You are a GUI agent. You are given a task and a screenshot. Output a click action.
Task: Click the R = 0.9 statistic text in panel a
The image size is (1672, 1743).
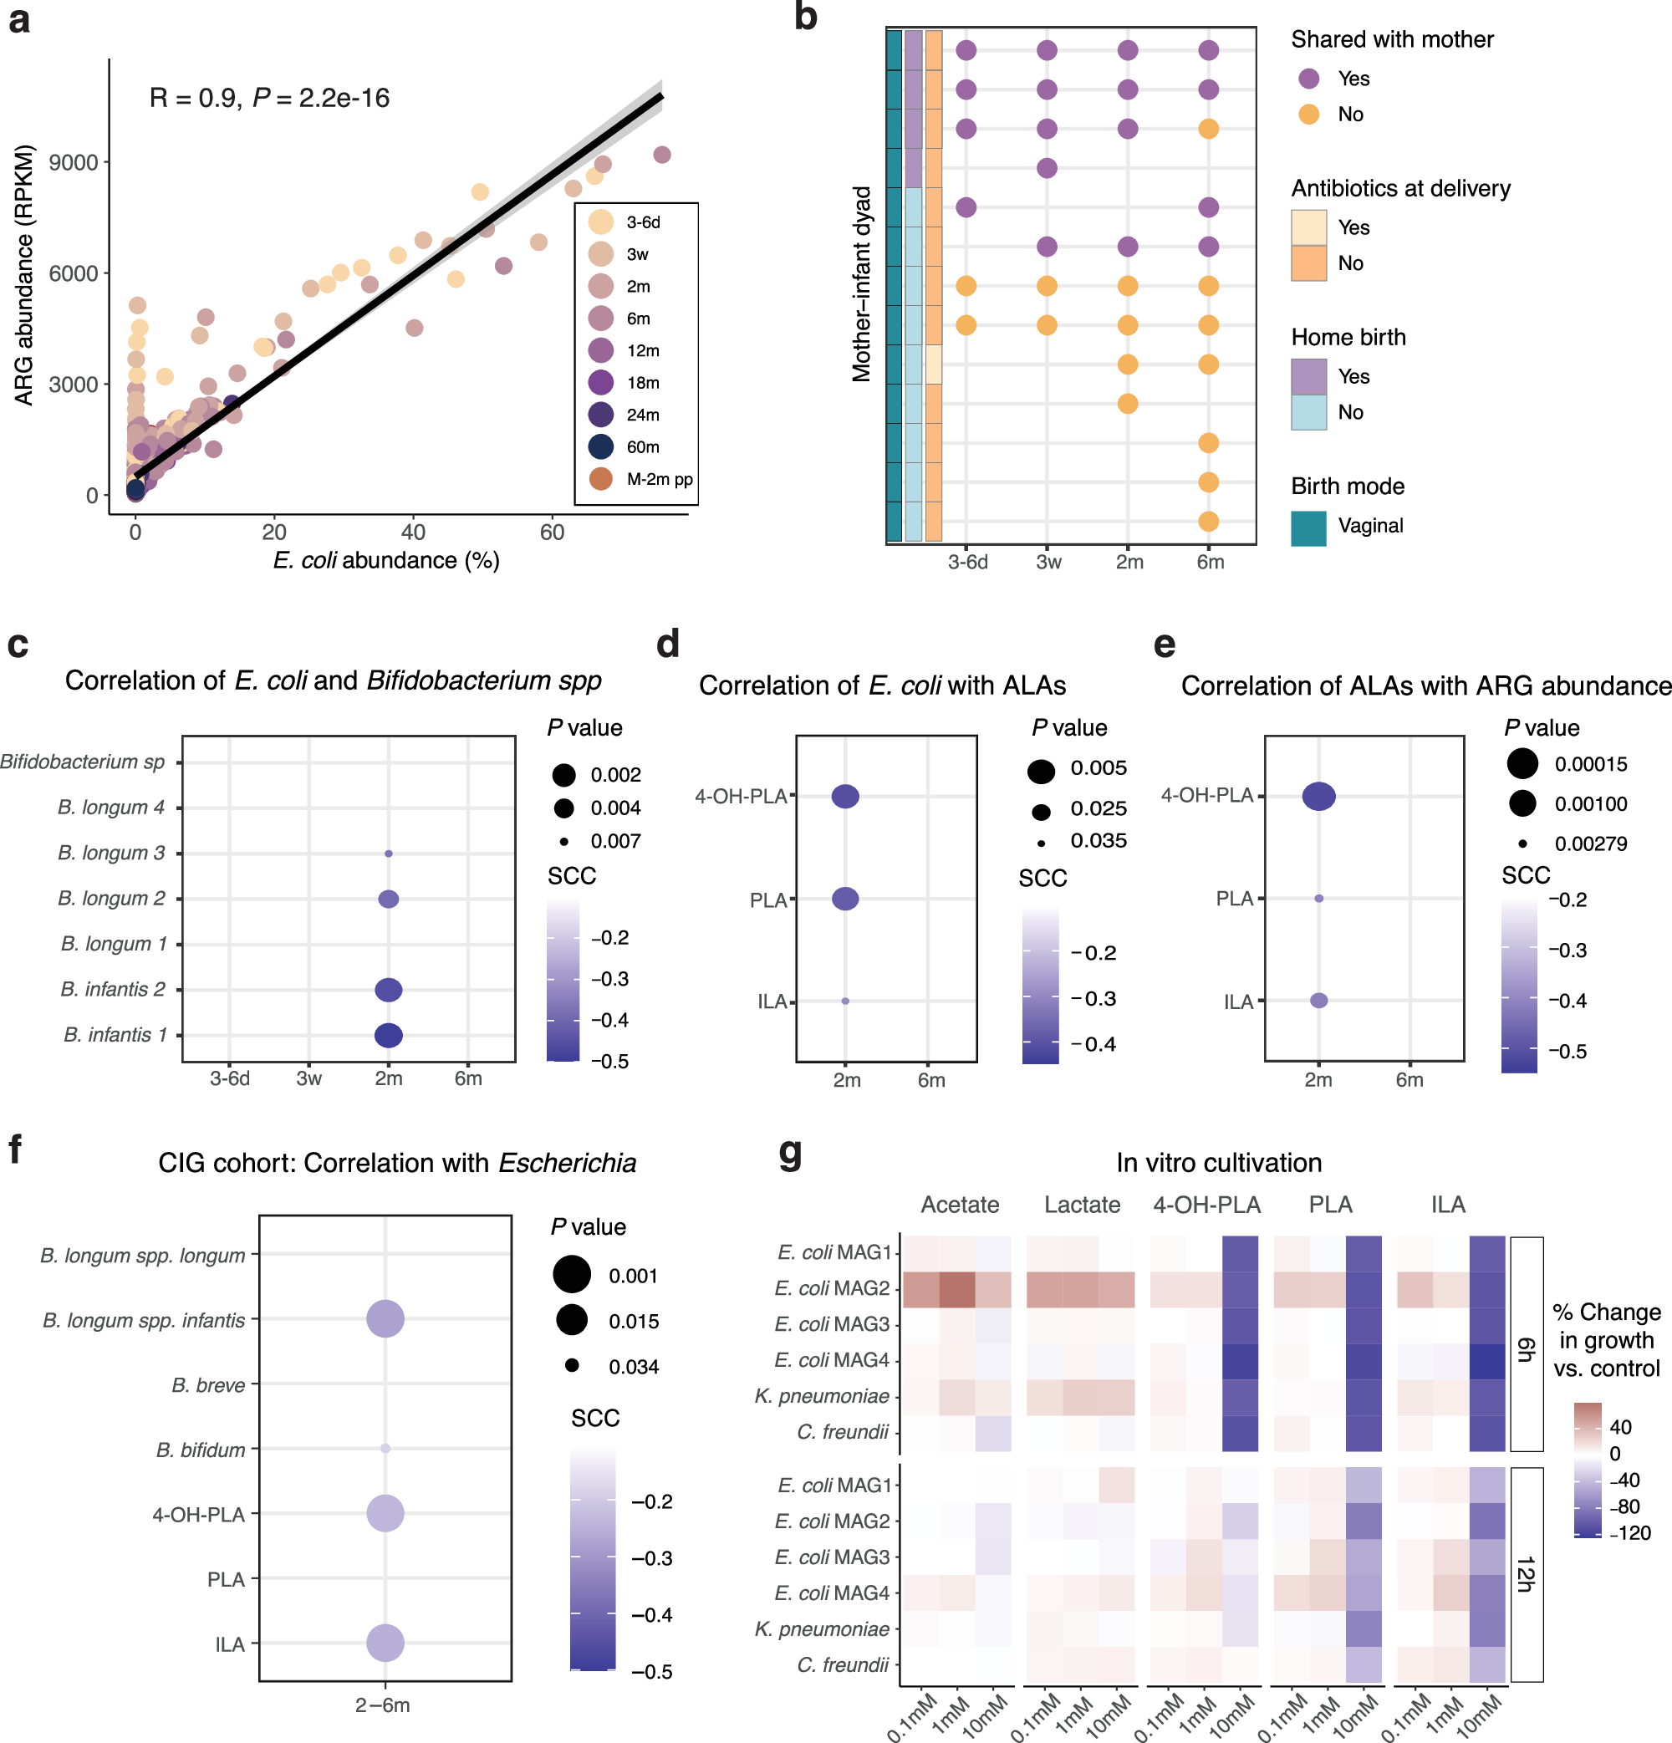pyautogui.click(x=195, y=98)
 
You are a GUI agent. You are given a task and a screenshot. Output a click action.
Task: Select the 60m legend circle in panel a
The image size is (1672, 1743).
pyautogui.click(x=601, y=446)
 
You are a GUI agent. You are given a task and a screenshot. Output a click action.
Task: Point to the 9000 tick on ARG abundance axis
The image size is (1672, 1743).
pyautogui.click(x=74, y=162)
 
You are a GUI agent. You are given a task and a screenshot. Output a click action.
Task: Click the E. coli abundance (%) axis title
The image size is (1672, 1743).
pyautogui.click(x=386, y=560)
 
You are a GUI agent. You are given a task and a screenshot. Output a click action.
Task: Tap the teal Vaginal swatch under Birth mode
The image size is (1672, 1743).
pyautogui.click(x=1308, y=528)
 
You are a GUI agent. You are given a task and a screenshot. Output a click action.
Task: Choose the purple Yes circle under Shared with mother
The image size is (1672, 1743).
pyautogui.click(x=1308, y=79)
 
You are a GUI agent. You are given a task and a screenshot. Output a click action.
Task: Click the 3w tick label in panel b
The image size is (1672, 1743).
pyautogui.click(x=1048, y=562)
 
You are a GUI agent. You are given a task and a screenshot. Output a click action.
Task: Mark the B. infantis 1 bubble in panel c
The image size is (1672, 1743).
pyautogui.click(x=389, y=1035)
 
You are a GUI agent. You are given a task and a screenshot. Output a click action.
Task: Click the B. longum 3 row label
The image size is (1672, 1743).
pyautogui.click(x=111, y=853)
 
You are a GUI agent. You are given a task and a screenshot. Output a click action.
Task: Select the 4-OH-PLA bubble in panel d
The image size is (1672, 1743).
pyautogui.click(x=845, y=796)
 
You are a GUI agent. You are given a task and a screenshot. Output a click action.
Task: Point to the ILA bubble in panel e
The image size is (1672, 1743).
pyautogui.click(x=1319, y=1001)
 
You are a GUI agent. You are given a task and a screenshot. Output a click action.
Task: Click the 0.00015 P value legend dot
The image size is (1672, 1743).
pyautogui.click(x=1522, y=763)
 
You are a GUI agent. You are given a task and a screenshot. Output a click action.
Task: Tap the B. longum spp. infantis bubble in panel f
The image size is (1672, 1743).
pyautogui.click(x=385, y=1319)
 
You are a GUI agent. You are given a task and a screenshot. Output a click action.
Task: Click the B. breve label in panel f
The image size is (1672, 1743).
pyautogui.click(x=208, y=1385)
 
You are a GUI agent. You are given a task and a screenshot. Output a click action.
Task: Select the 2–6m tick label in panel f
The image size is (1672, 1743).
pyautogui.click(x=382, y=1705)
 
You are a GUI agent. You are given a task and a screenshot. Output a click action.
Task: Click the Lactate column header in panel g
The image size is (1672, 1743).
pyautogui.click(x=1082, y=1205)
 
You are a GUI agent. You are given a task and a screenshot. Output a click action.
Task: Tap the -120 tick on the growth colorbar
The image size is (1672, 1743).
pyautogui.click(x=1630, y=1533)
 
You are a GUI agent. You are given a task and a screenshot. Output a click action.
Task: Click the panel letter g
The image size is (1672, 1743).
pyautogui.click(x=790, y=1152)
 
